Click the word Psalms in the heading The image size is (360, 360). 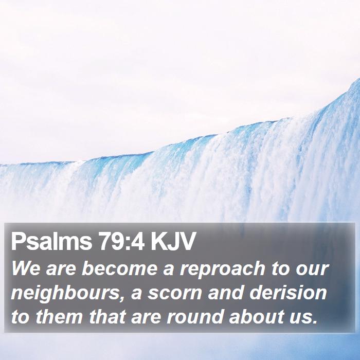point(51,242)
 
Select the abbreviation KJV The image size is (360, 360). point(172,241)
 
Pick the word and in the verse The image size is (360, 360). point(226,292)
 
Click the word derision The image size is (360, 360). point(288,292)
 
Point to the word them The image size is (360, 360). point(59,316)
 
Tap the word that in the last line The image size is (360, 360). point(107,316)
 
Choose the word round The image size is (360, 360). point(195,316)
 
